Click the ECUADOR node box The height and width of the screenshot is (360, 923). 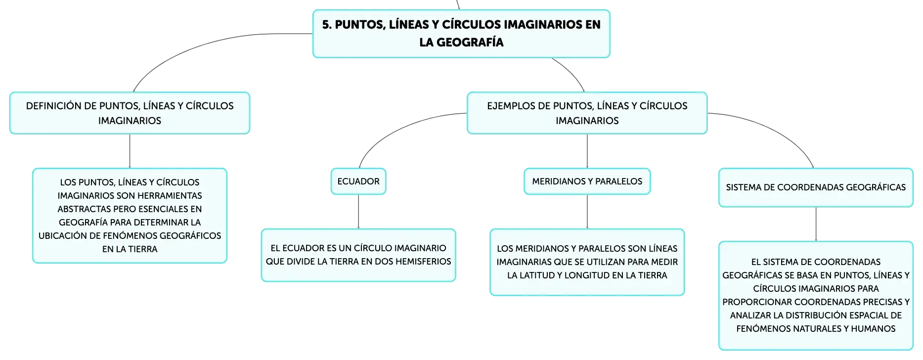pyautogui.click(x=358, y=181)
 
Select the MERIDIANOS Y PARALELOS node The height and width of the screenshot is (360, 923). pyautogui.click(x=587, y=181)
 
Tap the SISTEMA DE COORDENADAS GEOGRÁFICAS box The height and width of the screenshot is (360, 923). pyautogui.click(x=816, y=187)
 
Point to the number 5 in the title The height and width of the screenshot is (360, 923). pyautogui.click(x=326, y=25)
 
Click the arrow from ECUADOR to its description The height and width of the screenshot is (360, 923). pyautogui.click(x=358, y=212)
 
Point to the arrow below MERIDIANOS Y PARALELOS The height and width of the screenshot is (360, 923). pyautogui.click(x=587, y=212)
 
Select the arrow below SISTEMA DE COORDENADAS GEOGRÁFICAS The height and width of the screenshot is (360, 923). pyautogui.click(x=816, y=224)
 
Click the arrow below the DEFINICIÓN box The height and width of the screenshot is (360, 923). pyautogui.click(x=130, y=151)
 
